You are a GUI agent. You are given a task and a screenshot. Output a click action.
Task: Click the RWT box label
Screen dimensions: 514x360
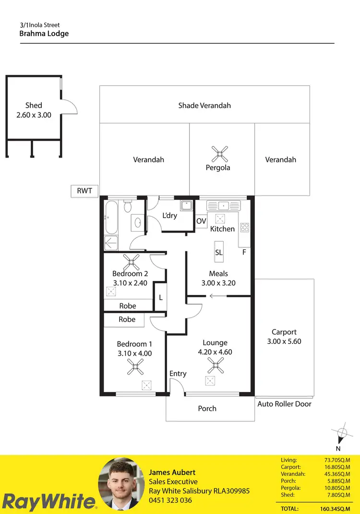pos(84,191)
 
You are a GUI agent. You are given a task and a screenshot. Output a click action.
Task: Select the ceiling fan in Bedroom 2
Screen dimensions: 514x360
pos(131,263)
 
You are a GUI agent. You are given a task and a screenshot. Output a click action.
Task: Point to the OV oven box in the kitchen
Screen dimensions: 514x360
pos(201,221)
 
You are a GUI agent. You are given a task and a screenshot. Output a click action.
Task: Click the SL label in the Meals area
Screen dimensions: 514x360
pos(219,252)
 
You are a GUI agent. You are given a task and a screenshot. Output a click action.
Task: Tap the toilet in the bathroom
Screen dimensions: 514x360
pos(127,207)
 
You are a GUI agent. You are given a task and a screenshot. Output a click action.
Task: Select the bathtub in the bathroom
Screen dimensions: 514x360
pos(110,217)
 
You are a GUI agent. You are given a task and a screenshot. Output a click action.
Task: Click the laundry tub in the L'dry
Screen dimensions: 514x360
pos(186,206)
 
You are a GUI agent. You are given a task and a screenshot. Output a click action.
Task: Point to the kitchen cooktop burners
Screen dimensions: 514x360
pos(244,228)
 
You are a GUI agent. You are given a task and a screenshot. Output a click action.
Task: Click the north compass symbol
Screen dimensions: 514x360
pos(340,434)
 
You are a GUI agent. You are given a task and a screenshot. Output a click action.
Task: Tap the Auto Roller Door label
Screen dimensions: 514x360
pos(284,404)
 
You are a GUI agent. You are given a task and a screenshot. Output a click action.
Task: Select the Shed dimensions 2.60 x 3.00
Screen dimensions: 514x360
pos(34,115)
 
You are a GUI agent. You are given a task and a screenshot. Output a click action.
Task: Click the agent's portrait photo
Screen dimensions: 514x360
pos(121,483)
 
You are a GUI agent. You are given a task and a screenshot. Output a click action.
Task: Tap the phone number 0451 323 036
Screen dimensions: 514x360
pos(170,500)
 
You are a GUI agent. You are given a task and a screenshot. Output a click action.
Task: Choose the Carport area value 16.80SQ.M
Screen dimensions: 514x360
pos(337,467)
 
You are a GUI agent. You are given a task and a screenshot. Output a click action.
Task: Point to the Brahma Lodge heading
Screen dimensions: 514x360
pos(44,34)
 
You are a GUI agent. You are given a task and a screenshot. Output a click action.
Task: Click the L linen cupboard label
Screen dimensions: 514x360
pos(161,297)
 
